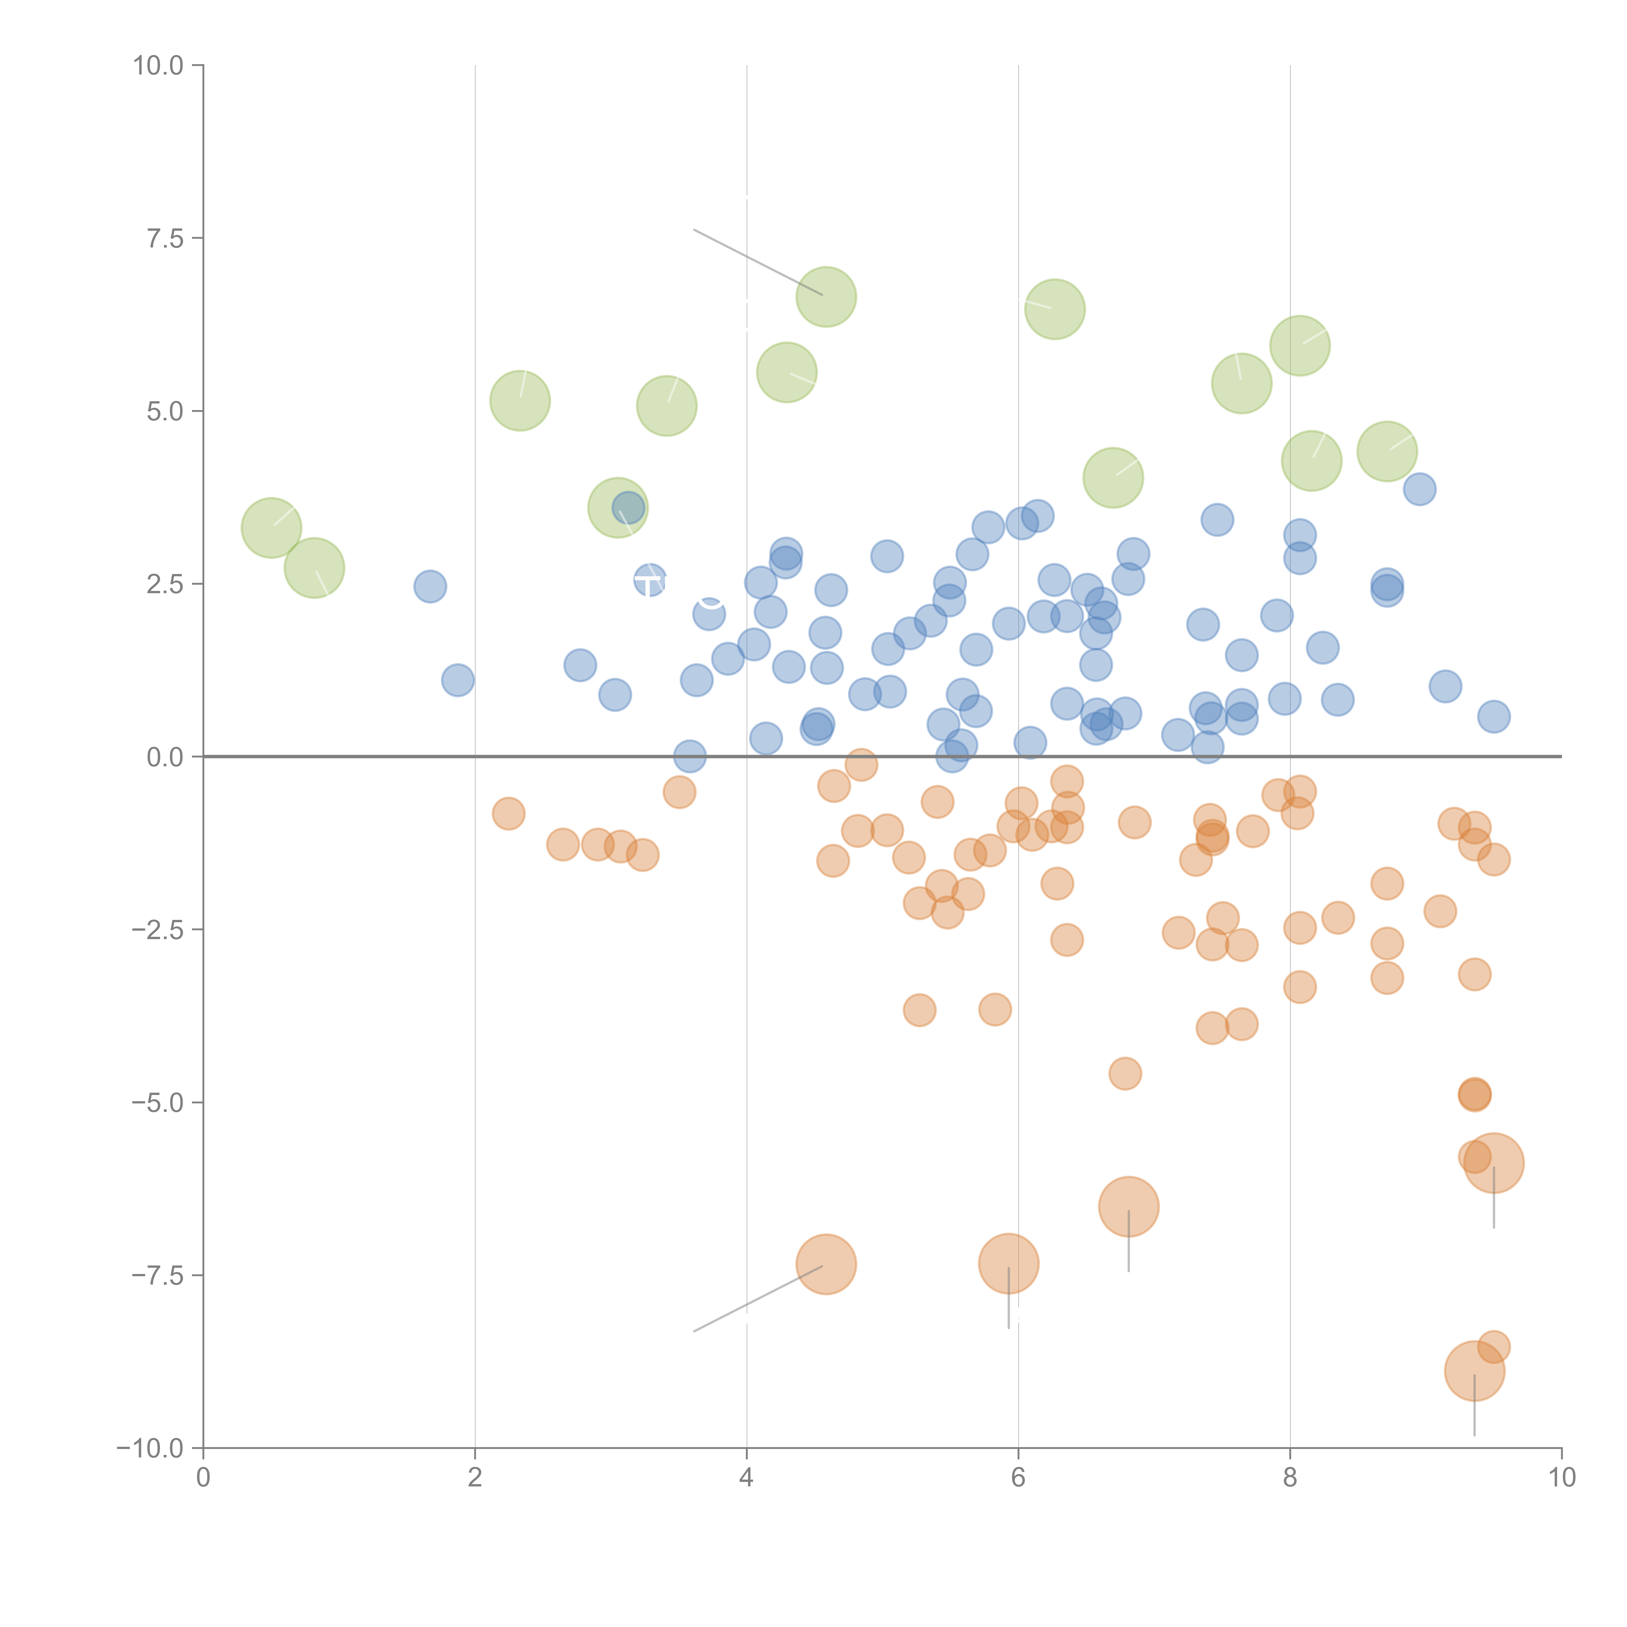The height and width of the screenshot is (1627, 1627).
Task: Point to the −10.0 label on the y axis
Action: (x=150, y=1448)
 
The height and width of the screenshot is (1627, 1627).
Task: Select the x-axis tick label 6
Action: (x=1018, y=1478)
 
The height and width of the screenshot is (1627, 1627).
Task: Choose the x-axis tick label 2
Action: (x=475, y=1478)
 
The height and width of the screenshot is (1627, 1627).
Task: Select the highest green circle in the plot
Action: (x=826, y=296)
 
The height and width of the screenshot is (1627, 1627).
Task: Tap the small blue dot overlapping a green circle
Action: (x=628, y=508)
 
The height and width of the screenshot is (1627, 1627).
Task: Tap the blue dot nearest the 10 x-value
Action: (x=1493, y=717)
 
